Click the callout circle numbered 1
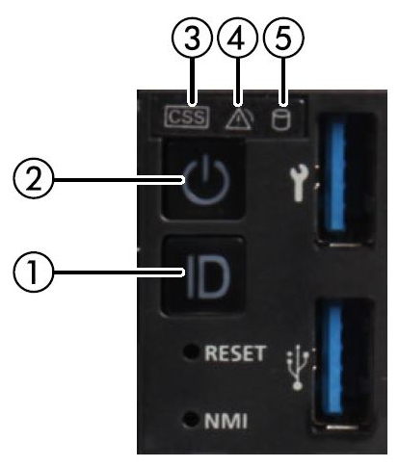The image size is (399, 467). [x=33, y=272]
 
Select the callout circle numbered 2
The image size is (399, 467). [x=33, y=178]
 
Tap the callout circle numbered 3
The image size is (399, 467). [x=192, y=39]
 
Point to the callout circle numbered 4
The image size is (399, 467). [x=238, y=39]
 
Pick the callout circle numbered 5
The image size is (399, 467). [x=283, y=39]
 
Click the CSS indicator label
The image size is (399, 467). [x=186, y=117]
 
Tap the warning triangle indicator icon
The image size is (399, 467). [x=239, y=119]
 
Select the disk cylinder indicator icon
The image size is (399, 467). [x=280, y=119]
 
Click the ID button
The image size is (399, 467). [x=202, y=276]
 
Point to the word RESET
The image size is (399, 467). [x=235, y=353]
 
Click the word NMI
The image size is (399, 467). [x=226, y=421]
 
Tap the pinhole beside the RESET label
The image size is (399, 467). [x=191, y=351]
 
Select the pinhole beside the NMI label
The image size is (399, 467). [x=191, y=419]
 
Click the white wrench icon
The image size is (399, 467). [x=299, y=184]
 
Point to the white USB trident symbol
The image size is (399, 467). [x=297, y=368]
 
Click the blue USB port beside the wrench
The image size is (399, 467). [x=345, y=180]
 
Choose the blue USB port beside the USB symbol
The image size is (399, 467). [x=344, y=364]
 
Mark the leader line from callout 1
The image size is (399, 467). [x=119, y=272]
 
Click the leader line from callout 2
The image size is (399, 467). [x=119, y=180]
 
